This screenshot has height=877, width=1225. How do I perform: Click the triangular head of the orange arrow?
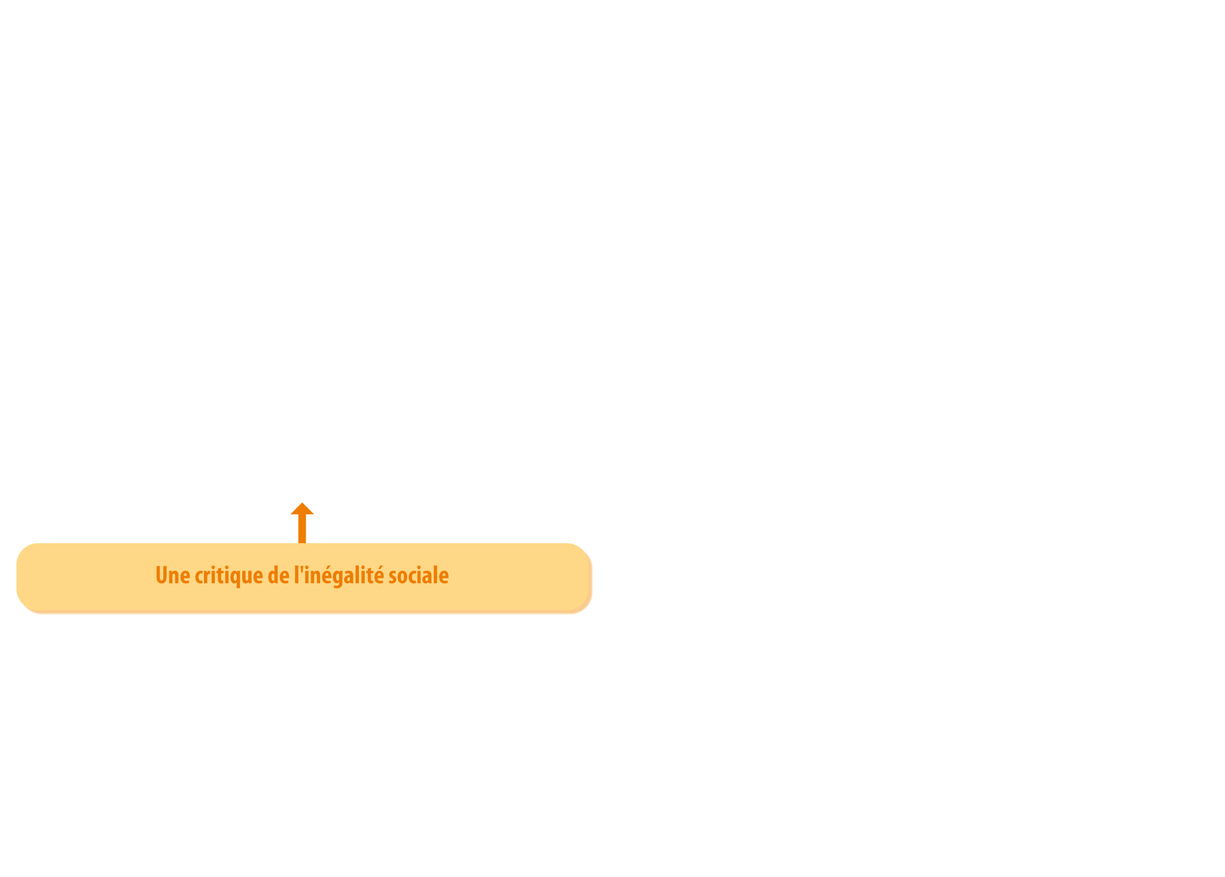(x=302, y=508)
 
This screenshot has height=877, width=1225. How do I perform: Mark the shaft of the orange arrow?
(x=302, y=529)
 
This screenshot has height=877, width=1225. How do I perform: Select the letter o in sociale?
(x=404, y=577)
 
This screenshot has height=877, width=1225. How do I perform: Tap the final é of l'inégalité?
(x=379, y=575)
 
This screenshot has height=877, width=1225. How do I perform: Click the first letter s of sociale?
(x=393, y=577)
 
